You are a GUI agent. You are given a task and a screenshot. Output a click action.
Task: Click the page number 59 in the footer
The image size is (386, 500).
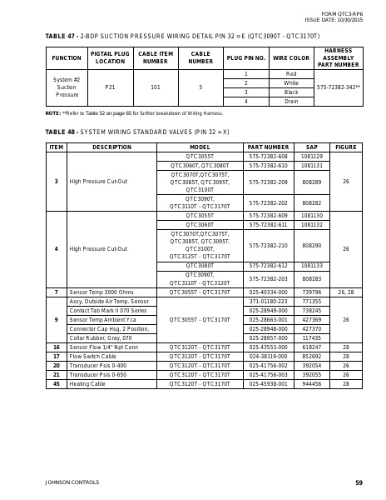359,482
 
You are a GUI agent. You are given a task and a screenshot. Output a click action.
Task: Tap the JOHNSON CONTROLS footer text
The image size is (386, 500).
72,482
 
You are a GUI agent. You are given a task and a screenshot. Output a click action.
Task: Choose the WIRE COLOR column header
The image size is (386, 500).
291,58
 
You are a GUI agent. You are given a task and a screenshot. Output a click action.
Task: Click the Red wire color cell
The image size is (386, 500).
291,74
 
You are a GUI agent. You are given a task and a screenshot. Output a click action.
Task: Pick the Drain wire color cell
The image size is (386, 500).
291,101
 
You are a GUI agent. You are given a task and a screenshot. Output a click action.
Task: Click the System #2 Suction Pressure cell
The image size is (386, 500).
66,87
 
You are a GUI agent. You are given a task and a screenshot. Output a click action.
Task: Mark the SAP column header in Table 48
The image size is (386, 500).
312,147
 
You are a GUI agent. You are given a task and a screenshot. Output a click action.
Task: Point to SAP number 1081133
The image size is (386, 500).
312,266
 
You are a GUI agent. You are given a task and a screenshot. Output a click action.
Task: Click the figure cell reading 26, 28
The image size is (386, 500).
346,292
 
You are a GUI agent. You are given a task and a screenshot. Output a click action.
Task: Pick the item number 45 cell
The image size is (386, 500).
56,383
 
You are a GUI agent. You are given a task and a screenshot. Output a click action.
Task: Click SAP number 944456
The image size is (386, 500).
312,383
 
